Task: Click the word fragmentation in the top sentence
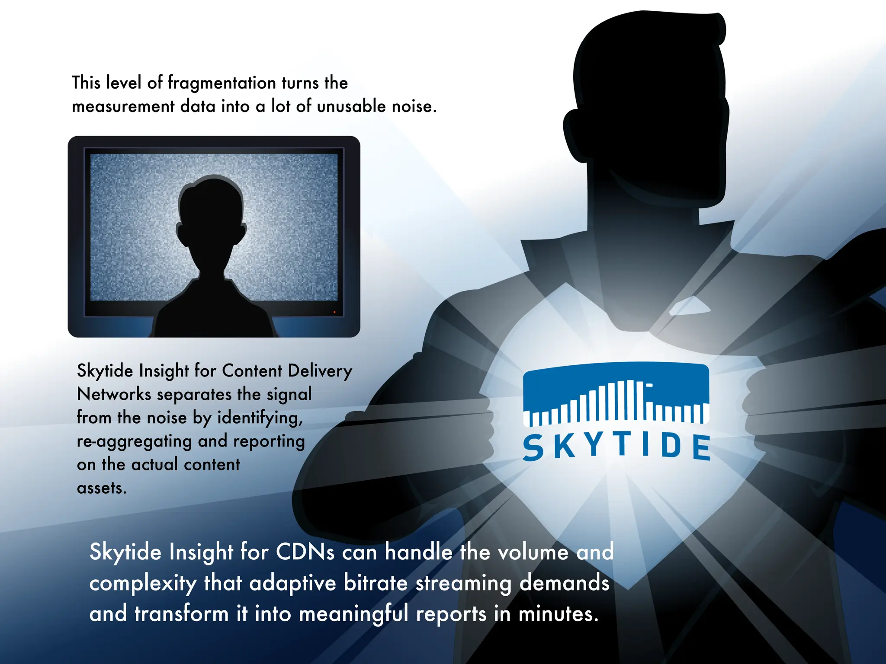click(x=221, y=83)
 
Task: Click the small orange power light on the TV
click(x=334, y=312)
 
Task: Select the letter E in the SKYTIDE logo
click(x=701, y=447)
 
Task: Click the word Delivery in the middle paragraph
click(x=320, y=371)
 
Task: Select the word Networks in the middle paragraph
click(x=114, y=394)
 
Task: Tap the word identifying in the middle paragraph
click(x=260, y=418)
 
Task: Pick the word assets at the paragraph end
click(x=102, y=488)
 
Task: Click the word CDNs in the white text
click(x=305, y=552)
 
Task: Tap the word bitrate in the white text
click(x=376, y=583)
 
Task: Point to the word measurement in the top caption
click(x=123, y=106)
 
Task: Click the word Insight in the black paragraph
click(x=164, y=371)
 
